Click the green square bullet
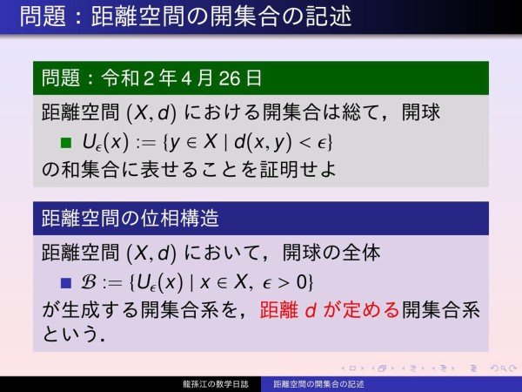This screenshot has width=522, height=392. point(64,141)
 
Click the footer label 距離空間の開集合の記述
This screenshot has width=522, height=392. point(318,383)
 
